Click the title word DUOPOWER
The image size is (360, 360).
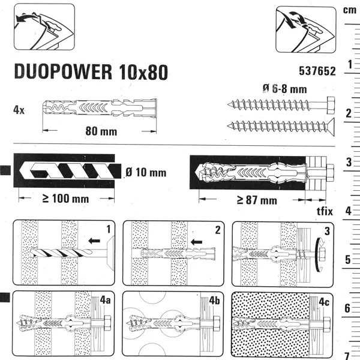click(63, 71)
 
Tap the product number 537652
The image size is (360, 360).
click(317, 71)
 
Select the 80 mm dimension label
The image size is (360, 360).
click(101, 131)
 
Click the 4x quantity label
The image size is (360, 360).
click(19, 110)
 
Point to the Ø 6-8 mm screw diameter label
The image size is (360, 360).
click(285, 89)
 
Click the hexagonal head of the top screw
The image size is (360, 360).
click(331, 106)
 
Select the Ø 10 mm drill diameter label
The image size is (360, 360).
click(146, 172)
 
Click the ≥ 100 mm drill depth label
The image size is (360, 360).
click(66, 199)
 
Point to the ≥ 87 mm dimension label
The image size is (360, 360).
click(257, 200)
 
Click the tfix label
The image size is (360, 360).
click(325, 211)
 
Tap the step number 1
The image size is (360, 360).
click(109, 229)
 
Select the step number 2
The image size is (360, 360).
click(218, 230)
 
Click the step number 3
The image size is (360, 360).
click(327, 231)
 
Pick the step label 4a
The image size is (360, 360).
click(105, 300)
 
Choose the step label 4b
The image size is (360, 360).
click(214, 301)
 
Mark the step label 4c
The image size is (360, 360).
click(324, 302)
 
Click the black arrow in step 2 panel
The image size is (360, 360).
click(197, 242)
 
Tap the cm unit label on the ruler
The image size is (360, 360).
click(350, 10)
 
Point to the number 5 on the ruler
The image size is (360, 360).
click(348, 260)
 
